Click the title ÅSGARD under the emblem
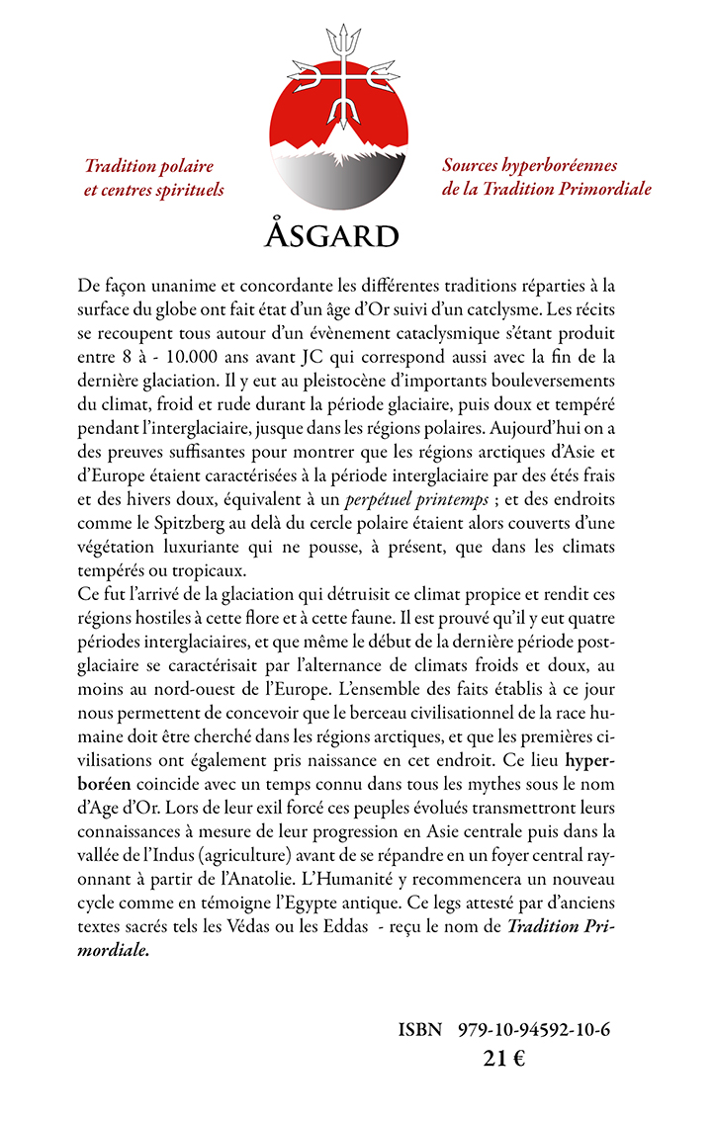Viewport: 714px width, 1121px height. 332,236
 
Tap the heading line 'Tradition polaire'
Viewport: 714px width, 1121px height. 149,166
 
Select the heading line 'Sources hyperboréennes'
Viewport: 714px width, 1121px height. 529,165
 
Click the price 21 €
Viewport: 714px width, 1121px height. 503,1058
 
